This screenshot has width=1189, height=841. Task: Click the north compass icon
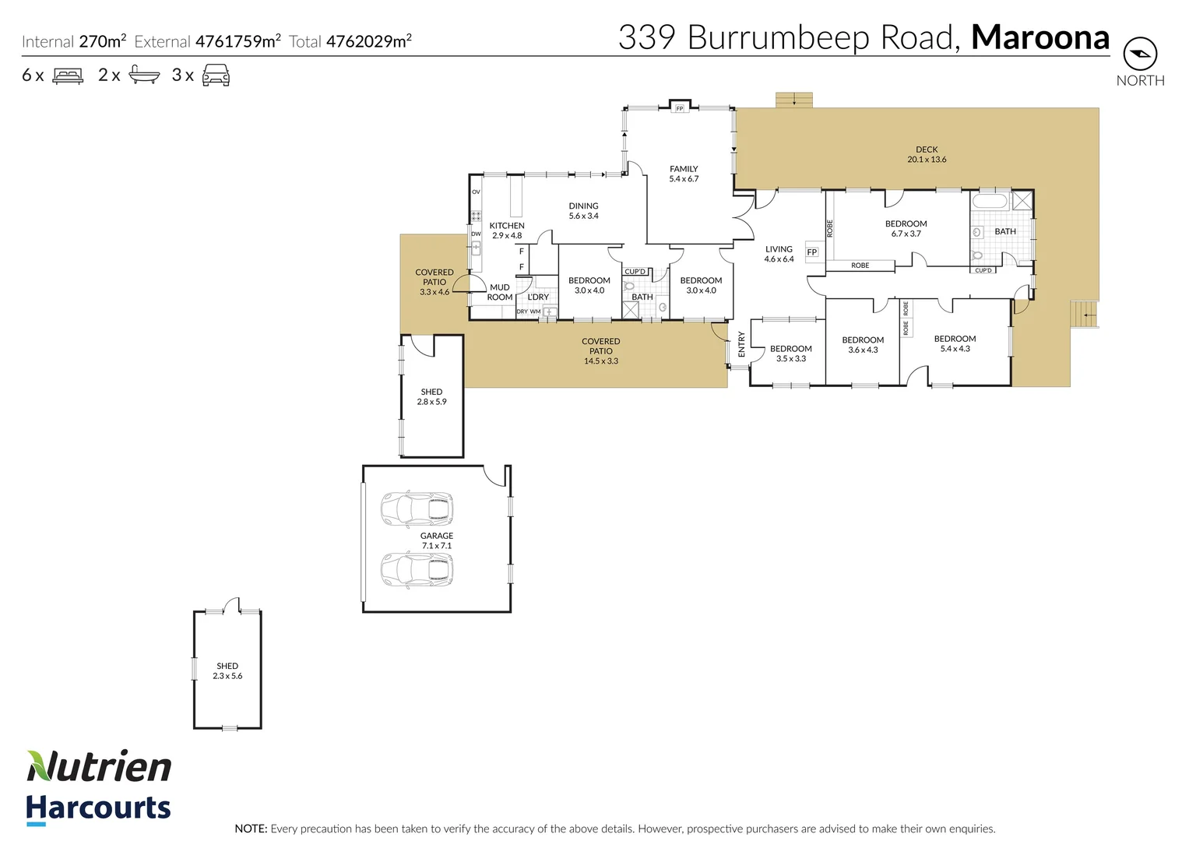point(1140,54)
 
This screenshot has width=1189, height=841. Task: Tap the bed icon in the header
point(68,76)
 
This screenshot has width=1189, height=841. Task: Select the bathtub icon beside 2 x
point(144,76)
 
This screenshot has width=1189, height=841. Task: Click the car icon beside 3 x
point(216,76)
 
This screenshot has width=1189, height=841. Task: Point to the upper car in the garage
point(417,509)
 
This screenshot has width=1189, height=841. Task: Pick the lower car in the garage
point(417,569)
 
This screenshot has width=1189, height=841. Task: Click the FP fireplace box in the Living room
point(812,252)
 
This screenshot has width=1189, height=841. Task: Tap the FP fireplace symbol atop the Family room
point(680,108)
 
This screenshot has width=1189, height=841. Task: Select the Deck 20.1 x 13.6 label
point(927,154)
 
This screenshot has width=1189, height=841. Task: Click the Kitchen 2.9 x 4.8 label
point(507,230)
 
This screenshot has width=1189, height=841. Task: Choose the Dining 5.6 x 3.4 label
point(583,211)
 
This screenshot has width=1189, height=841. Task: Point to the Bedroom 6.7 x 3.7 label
point(906,228)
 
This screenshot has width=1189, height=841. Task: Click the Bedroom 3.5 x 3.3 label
point(790,354)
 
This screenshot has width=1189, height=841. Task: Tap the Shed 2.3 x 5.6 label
point(227,670)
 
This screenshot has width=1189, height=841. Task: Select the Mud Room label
point(500,292)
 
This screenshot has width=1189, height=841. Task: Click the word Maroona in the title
point(1039,37)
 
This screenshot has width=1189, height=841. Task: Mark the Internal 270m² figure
point(102,41)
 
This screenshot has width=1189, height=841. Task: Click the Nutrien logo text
point(100,767)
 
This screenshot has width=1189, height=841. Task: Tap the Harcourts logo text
point(98,808)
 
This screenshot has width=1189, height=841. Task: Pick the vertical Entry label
point(741,344)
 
